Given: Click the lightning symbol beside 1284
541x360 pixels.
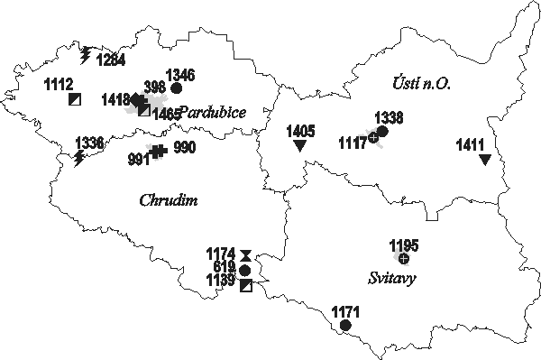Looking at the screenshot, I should (x=86, y=56).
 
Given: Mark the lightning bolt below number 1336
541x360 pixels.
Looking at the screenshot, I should (x=79, y=159).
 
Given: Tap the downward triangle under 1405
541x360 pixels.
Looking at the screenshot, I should (x=300, y=145).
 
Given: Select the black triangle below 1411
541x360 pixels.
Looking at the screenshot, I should (x=485, y=160).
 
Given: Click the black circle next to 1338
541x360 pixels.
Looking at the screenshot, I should (x=382, y=132).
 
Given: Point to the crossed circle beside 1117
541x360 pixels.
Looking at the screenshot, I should (x=373, y=138).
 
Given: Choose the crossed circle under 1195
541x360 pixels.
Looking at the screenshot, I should (x=403, y=259).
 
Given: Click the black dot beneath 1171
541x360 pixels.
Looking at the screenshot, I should (x=345, y=326).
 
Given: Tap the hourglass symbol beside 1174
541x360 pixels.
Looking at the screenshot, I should (x=245, y=255).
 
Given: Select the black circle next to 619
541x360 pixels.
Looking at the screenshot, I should (x=245, y=270).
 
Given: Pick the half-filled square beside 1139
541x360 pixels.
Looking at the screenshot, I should (x=246, y=285).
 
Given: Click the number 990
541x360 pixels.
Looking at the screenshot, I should (x=184, y=147).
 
